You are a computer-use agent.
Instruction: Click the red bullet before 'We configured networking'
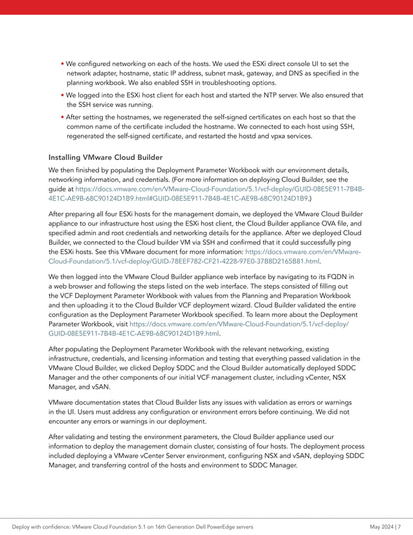[62, 64]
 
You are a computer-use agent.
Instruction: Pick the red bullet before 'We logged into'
[62, 95]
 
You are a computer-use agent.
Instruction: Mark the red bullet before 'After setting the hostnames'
[62, 117]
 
